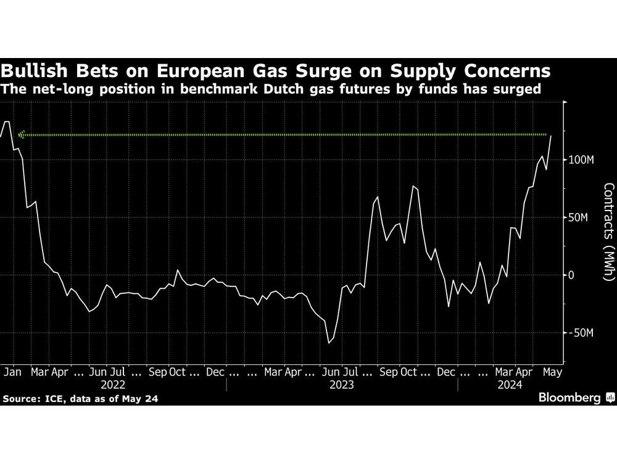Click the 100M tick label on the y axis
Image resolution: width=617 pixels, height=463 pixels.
pos(581,160)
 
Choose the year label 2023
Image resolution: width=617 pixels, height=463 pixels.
pos(341,385)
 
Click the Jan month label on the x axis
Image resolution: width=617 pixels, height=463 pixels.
pos(12,372)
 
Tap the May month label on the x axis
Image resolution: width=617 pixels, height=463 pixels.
pos(552,372)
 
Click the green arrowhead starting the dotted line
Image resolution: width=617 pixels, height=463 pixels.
pos(22,134)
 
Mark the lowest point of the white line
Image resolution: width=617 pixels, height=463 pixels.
pos(329,343)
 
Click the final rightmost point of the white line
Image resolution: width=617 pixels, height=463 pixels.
pos(551,135)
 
